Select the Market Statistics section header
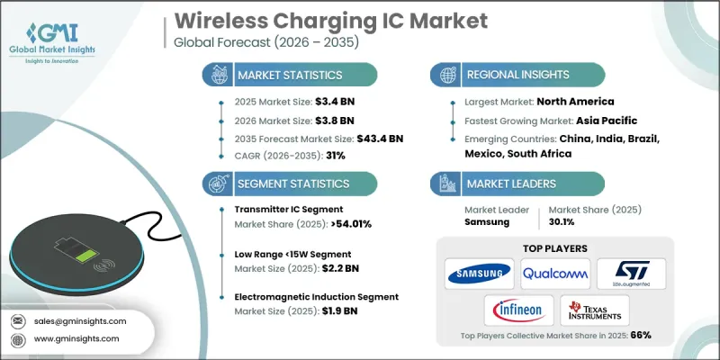[288, 75]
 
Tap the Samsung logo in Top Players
[478, 271]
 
